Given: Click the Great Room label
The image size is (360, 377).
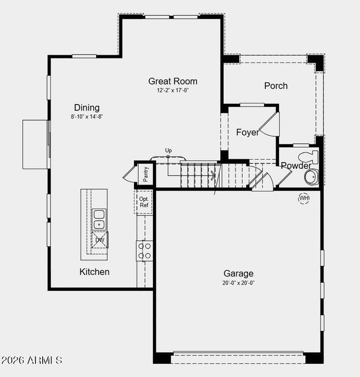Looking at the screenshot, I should [173, 81].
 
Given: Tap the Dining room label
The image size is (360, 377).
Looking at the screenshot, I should [87, 108].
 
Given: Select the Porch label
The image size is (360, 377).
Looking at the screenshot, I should [276, 86].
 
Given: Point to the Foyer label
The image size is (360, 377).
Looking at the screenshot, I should [248, 132].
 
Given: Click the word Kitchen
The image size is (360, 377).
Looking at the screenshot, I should [94, 271].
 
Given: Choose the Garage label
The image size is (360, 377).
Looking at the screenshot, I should [238, 273].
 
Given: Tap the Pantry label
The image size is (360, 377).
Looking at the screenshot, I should [146, 174].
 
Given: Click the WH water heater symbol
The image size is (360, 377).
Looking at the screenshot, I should [304, 198].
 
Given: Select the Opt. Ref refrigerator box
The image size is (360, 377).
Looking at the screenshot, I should [144, 202].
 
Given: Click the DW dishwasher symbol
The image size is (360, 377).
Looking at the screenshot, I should [100, 240].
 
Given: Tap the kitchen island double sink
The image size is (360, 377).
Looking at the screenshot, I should [99, 219].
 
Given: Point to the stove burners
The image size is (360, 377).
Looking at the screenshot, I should [145, 250].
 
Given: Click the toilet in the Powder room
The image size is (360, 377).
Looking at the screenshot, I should [309, 157].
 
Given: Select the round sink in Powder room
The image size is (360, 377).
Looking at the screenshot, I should [311, 177].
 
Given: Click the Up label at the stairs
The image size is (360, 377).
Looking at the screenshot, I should [169, 150].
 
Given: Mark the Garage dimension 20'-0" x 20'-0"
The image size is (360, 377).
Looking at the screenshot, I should [238, 283].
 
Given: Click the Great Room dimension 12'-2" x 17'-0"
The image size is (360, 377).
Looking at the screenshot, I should [173, 90].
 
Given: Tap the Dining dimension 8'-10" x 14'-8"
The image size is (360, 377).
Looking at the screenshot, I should [87, 116].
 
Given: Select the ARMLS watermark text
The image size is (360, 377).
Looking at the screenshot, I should [31, 360].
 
